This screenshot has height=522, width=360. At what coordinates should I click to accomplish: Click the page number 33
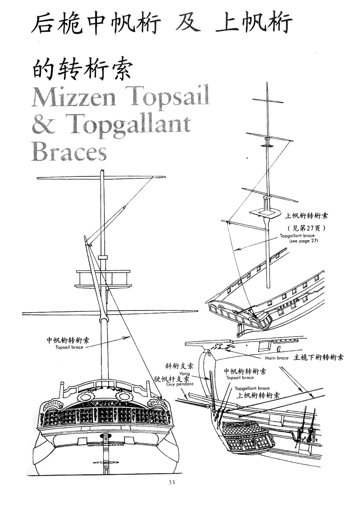[171, 482]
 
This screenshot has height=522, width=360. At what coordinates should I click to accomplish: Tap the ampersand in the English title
[43, 123]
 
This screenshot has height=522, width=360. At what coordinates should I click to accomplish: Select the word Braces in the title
[69, 151]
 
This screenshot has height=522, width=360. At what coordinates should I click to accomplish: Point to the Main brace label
[276, 358]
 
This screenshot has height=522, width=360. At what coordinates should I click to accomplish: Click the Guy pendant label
[180, 384]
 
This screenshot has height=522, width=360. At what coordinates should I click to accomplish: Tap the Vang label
[184, 374]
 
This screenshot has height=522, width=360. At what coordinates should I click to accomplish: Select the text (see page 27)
[303, 241]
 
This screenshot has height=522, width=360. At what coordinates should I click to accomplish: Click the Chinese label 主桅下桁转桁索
[319, 357]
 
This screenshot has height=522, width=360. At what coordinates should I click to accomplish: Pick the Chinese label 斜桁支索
[179, 366]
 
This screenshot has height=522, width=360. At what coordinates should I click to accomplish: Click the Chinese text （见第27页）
[306, 228]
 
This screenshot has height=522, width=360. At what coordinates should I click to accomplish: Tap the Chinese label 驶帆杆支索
[171, 379]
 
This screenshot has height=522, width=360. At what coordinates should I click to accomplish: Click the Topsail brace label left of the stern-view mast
[69, 347]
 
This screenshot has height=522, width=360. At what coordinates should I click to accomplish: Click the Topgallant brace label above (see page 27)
[297, 236]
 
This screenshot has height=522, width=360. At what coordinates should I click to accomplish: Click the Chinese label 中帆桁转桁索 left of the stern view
[68, 340]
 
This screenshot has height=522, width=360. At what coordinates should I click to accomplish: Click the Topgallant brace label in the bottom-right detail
[252, 388]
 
